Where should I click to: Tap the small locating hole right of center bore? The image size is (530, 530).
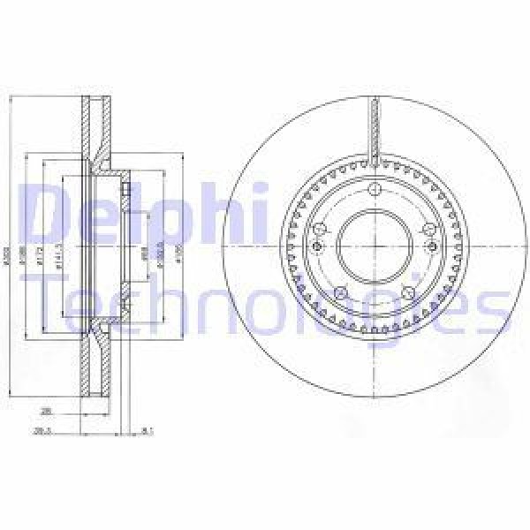click(431, 248)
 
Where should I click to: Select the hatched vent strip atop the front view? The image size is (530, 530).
click(375, 128)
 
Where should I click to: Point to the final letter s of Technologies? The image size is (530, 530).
click(495, 305)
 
